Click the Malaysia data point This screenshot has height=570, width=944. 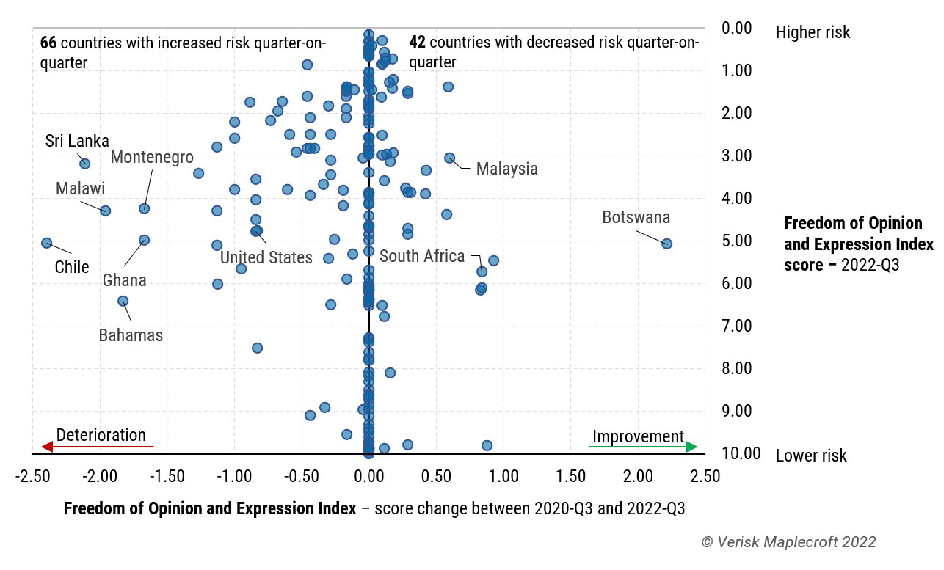tap(450, 158)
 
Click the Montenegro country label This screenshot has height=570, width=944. tap(152, 157)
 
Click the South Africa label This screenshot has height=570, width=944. tap(422, 256)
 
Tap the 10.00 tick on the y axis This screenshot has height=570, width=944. tap(741, 454)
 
